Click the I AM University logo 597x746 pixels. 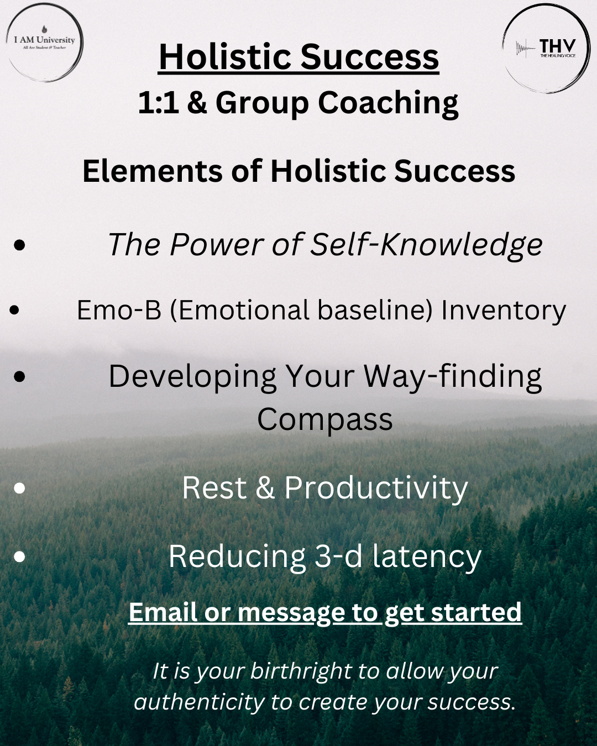point(44,43)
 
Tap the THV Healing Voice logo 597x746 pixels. point(546,48)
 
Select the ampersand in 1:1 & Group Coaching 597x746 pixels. point(197,103)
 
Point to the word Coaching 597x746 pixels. point(388,103)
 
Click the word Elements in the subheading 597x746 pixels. point(153,171)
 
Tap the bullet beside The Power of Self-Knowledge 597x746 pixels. point(20,245)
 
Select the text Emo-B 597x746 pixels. point(119,310)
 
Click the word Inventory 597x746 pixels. point(504,311)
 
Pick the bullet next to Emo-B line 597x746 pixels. point(14,310)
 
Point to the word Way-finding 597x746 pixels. point(452,377)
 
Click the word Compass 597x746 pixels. point(324,420)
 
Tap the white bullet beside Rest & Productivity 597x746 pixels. point(20,488)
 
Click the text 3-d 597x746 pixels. point(338,556)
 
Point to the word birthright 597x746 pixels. point(301,671)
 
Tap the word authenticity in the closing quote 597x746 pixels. point(199,702)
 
